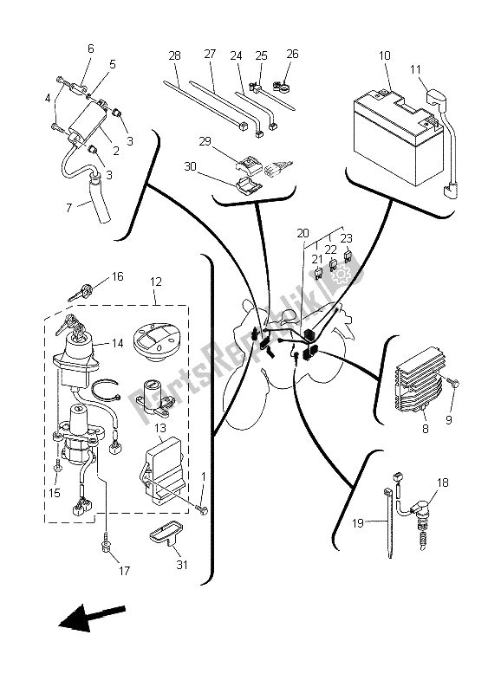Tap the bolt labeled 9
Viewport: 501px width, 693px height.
[x=457, y=384]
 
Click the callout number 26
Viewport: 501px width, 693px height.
[x=291, y=55]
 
